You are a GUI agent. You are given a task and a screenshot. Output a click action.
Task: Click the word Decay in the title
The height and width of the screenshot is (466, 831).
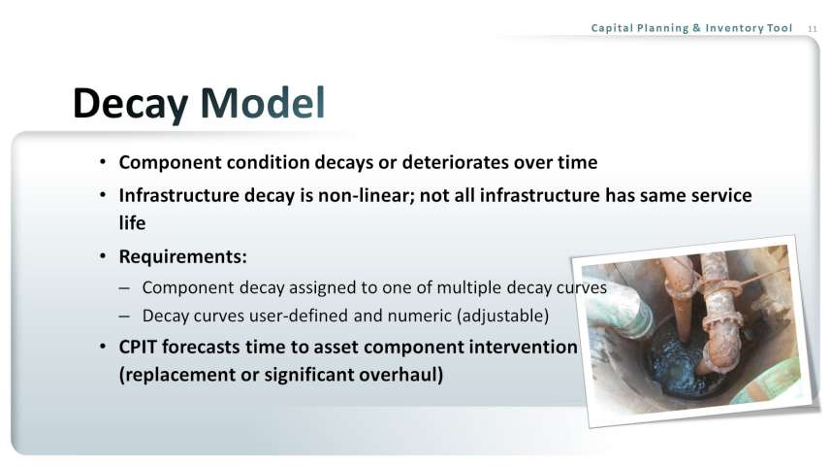pyautogui.click(x=130, y=104)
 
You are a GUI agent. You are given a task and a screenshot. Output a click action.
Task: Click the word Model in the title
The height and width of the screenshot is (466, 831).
pyautogui.click(x=263, y=103)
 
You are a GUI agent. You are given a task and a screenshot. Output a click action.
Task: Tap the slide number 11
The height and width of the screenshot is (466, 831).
pyautogui.click(x=813, y=29)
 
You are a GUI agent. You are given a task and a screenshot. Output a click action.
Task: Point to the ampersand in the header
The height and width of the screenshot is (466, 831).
pyautogui.click(x=697, y=28)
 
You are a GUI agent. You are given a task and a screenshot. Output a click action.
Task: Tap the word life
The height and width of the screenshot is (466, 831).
pyautogui.click(x=132, y=223)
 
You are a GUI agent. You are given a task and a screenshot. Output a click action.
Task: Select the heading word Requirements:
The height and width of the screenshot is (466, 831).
pyautogui.click(x=183, y=257)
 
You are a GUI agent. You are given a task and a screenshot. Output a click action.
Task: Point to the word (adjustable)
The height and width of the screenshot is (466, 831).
pyautogui.click(x=503, y=316)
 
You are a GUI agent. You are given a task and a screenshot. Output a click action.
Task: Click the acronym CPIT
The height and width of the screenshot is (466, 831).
pyautogui.click(x=138, y=348)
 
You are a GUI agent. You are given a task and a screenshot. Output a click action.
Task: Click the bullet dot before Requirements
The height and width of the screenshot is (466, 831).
pyautogui.click(x=103, y=257)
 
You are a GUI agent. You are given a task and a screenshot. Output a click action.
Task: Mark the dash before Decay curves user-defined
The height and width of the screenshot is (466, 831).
pyautogui.click(x=124, y=316)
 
